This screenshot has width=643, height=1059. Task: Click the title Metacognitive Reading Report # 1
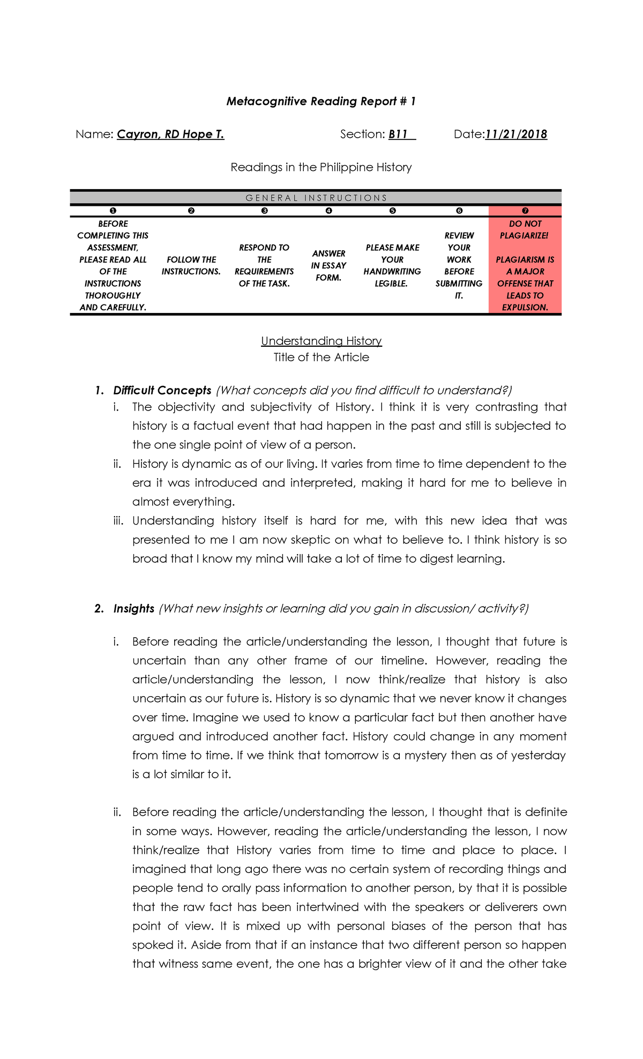321,101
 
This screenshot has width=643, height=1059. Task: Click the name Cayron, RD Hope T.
170,135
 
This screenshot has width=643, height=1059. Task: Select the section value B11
399,135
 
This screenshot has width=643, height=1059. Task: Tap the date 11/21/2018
516,135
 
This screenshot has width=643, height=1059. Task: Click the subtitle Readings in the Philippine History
321,167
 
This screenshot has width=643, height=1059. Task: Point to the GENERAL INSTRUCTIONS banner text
316,198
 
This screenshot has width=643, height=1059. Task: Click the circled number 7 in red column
525,211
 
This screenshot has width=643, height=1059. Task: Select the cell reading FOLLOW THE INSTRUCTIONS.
191,265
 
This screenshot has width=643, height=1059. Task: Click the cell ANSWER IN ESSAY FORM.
328,265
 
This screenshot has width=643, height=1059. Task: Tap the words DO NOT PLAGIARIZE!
525,229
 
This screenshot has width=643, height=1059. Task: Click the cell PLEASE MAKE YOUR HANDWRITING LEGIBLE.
392,265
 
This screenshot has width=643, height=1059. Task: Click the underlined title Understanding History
321,341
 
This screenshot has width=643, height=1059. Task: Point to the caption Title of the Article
321,357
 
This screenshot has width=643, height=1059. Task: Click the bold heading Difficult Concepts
162,390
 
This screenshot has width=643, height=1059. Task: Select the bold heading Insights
134,608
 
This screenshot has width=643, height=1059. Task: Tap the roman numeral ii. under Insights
117,812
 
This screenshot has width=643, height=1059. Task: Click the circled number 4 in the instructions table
328,211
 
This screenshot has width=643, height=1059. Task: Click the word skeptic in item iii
311,540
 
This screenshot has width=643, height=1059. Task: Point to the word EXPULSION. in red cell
525,308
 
